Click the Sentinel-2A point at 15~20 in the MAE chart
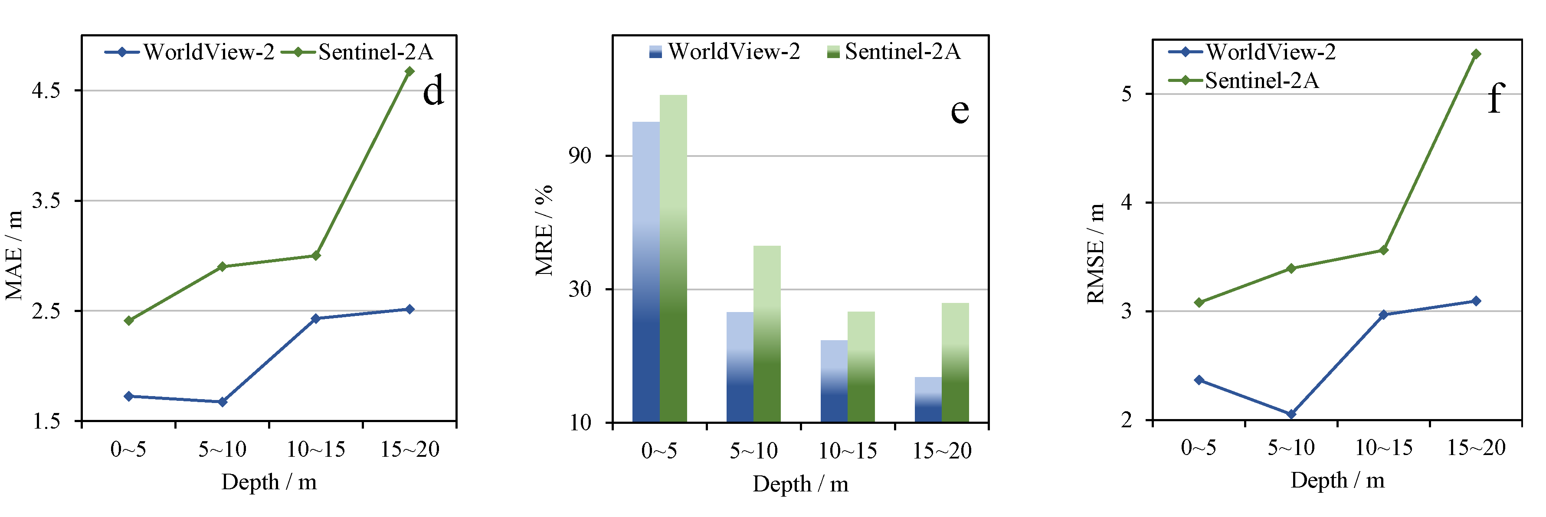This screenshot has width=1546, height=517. (x=410, y=72)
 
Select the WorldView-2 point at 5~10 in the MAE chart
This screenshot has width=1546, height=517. (x=222, y=402)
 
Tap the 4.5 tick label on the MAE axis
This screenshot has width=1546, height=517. (x=47, y=91)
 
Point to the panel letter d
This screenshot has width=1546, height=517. (x=433, y=91)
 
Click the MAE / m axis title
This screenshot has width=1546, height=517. (x=14, y=255)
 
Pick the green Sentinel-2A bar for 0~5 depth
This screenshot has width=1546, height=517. (x=673, y=258)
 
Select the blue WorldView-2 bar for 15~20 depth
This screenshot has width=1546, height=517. (x=928, y=400)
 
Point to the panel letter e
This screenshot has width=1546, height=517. (x=959, y=111)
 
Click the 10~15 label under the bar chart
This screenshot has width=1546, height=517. (x=848, y=450)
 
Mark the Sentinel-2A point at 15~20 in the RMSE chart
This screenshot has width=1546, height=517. (x=1476, y=54)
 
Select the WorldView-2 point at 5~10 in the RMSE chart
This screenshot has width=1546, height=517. (x=1291, y=414)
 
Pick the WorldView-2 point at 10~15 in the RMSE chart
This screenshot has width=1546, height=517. (x=1383, y=314)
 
